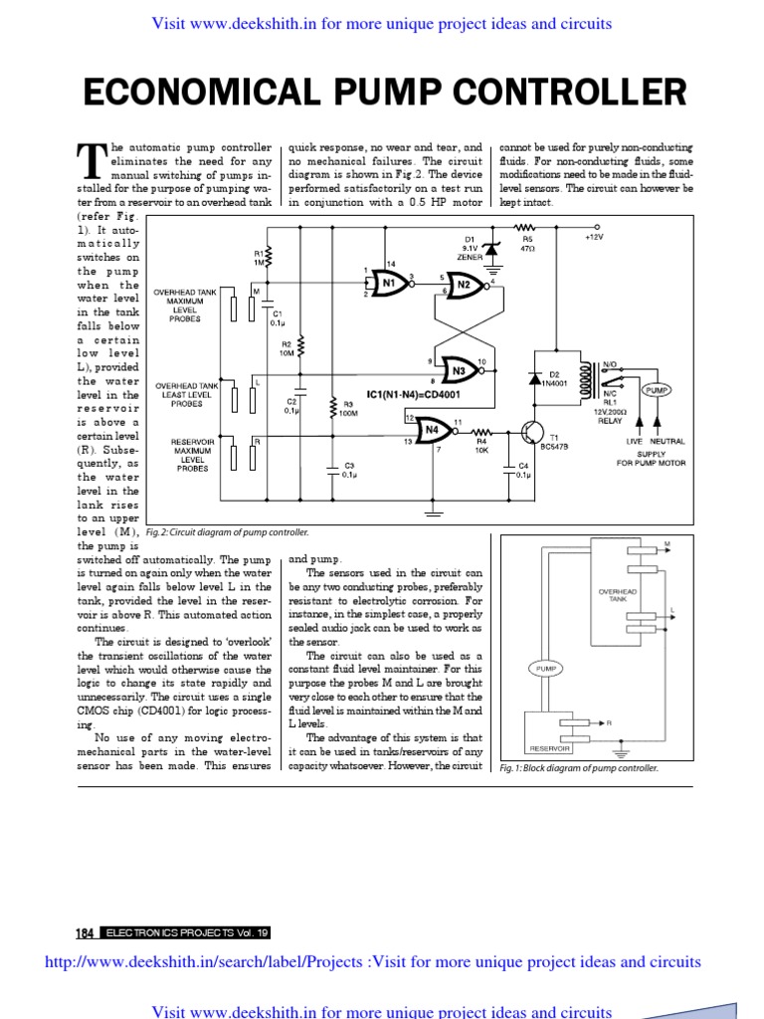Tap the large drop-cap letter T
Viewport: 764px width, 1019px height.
(91, 158)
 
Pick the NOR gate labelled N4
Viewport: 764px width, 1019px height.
(431, 430)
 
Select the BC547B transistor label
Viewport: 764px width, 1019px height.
(553, 448)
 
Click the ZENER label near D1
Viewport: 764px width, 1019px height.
(471, 257)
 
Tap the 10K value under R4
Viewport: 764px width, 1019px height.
(480, 451)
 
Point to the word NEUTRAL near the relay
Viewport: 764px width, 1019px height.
(668, 440)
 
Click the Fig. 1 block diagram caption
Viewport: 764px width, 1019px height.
(579, 768)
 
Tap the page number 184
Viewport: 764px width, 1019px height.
(85, 933)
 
